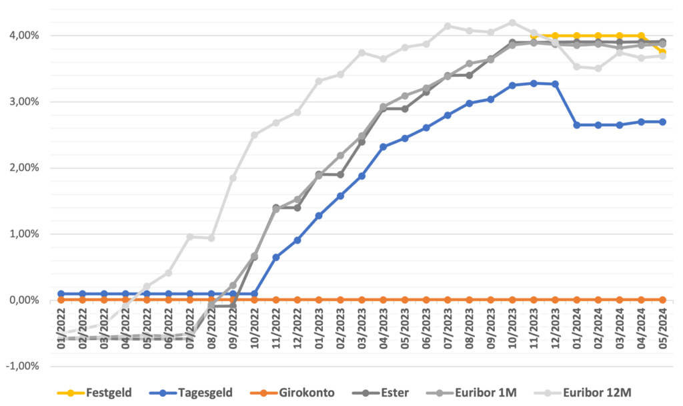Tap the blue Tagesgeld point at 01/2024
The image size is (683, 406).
click(577, 125)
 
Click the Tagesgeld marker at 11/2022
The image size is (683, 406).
click(276, 257)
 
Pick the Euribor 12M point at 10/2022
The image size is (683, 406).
click(255, 135)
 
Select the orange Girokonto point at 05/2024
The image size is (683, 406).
click(663, 300)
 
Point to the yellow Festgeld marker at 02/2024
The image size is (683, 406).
click(598, 35)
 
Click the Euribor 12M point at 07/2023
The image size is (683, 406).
click(448, 26)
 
